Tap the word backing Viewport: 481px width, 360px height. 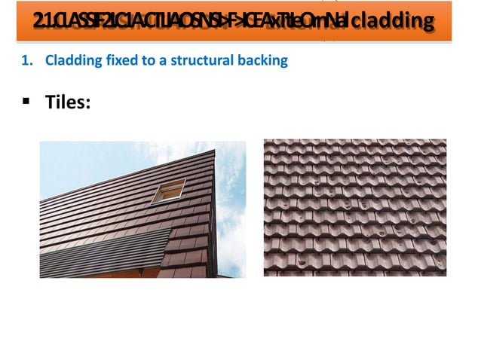[265, 61]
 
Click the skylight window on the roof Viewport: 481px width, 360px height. [168, 191]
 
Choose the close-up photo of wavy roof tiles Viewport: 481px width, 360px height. [354, 208]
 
